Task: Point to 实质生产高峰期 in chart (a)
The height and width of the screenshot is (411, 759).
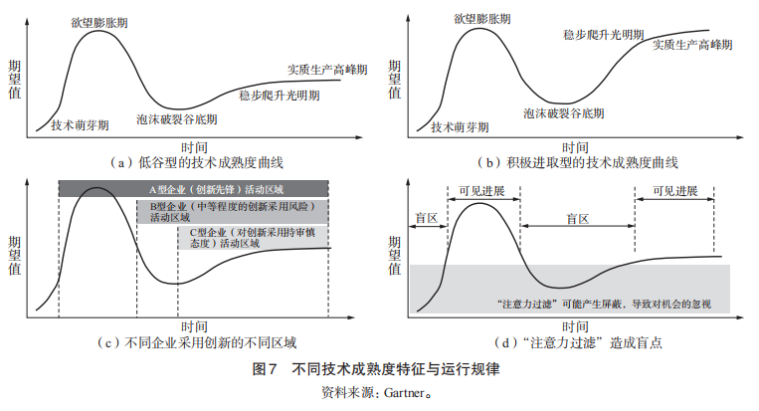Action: (320, 70)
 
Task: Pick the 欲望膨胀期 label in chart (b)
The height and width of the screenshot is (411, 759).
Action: (484, 18)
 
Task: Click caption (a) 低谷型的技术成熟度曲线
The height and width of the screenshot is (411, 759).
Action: (200, 161)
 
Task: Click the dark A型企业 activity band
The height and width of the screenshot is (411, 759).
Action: (193, 189)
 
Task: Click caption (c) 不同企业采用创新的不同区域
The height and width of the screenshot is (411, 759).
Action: (200, 343)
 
